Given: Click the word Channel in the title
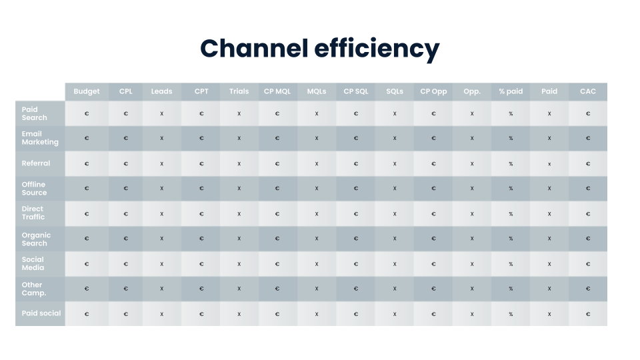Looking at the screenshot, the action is click(254, 48).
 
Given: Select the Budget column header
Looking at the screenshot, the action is click(87, 91).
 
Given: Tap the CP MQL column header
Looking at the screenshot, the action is click(277, 91).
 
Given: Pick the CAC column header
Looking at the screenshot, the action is click(588, 91).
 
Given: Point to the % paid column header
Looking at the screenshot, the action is click(511, 91).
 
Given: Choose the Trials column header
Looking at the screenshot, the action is click(239, 91).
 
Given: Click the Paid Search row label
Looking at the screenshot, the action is click(34, 113).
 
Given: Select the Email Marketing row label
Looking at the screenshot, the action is click(40, 138).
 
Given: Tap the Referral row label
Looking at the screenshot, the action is click(36, 163).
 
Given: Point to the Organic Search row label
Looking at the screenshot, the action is click(36, 239).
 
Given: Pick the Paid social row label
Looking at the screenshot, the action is click(41, 313).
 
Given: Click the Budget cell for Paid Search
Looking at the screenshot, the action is click(87, 113).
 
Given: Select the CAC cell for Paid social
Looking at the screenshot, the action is click(588, 314).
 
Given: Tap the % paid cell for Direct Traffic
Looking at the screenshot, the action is click(511, 214).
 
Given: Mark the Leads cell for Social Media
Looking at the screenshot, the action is click(161, 264).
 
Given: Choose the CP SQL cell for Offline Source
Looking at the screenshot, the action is click(356, 188).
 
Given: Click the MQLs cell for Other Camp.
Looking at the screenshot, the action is click(317, 289).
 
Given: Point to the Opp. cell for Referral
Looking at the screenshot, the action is click(472, 164).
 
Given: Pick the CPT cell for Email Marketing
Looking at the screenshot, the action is click(201, 138).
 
